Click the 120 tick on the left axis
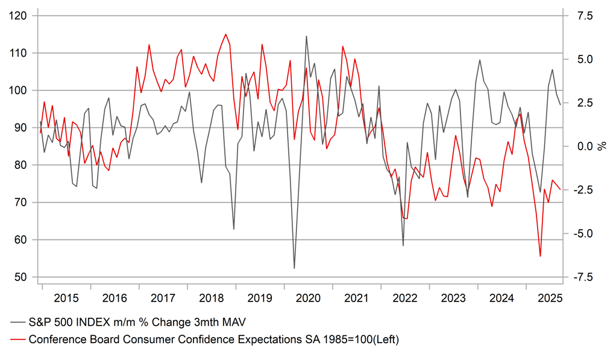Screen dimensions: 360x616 [20, 16]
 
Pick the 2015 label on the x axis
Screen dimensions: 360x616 [66, 298]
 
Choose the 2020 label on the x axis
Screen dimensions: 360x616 [309, 298]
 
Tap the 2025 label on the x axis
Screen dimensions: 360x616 [550, 298]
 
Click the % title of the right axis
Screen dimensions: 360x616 [601, 147]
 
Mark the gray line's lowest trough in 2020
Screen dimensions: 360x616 [294, 268]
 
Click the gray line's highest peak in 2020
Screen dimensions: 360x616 [306, 36]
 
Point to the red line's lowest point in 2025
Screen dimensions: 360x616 [540, 257]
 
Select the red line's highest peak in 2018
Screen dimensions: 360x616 [225, 34]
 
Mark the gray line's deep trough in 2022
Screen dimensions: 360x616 [403, 246]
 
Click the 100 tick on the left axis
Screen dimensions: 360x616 [20, 90]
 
